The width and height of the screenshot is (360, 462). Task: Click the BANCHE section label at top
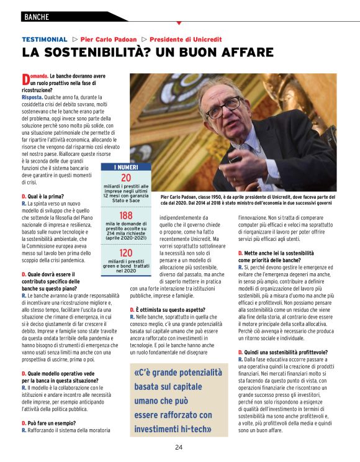[37, 17]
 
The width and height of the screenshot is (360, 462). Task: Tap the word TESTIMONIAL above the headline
[44, 39]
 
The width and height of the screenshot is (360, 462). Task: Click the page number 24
[179, 447]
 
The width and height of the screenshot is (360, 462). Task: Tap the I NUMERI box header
[126, 168]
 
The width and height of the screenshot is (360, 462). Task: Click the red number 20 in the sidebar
[126, 178]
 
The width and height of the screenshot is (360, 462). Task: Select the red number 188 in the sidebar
[126, 215]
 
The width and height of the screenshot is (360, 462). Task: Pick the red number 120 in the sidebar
[126, 253]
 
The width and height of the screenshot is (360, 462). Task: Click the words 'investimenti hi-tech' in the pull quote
[173, 428]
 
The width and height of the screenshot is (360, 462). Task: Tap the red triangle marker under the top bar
[179, 23]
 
